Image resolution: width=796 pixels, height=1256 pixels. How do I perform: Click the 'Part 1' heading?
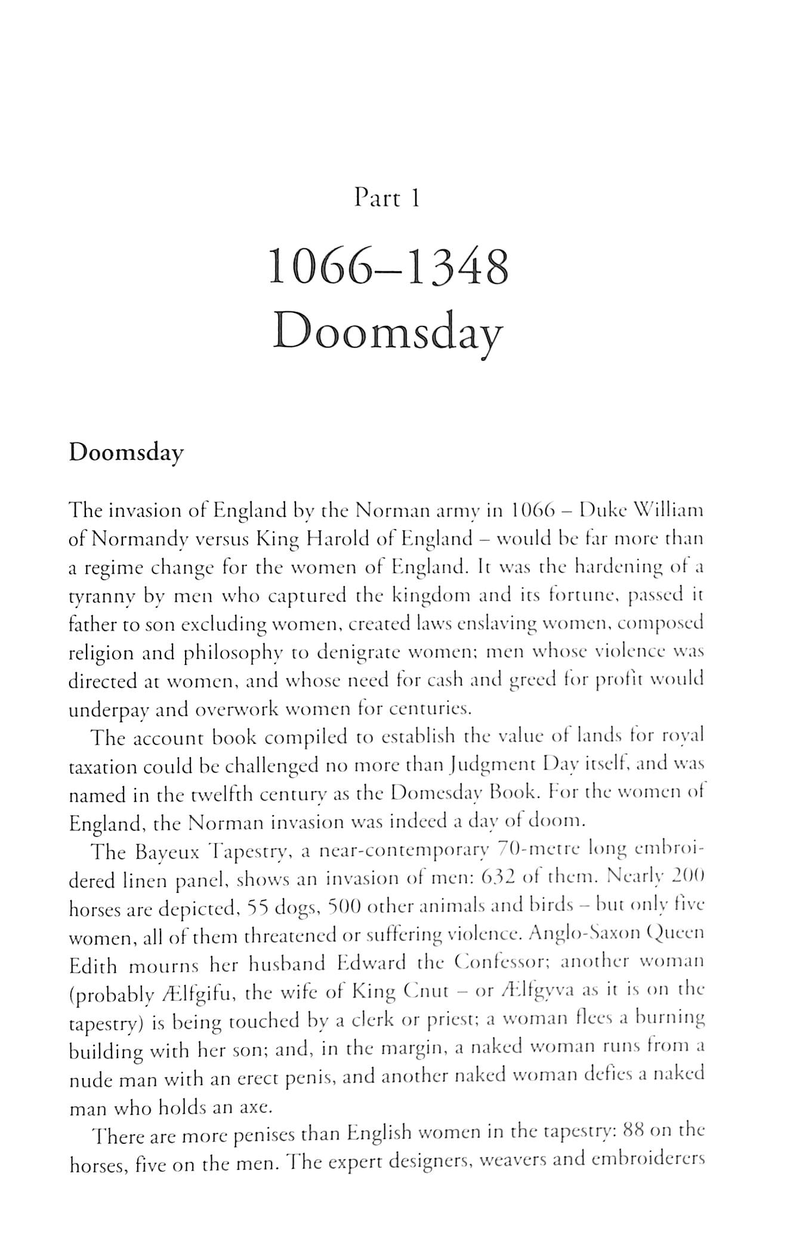click(x=387, y=198)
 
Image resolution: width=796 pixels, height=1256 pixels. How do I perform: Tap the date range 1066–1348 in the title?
click(x=388, y=268)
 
